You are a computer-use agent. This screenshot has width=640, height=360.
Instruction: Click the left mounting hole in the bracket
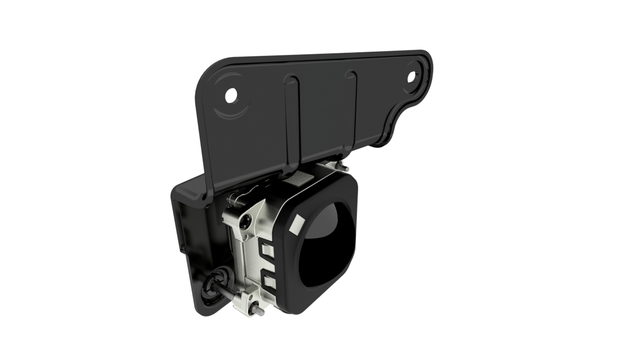coord(231,96)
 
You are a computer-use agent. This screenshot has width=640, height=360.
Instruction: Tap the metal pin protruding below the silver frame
coord(258,311)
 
